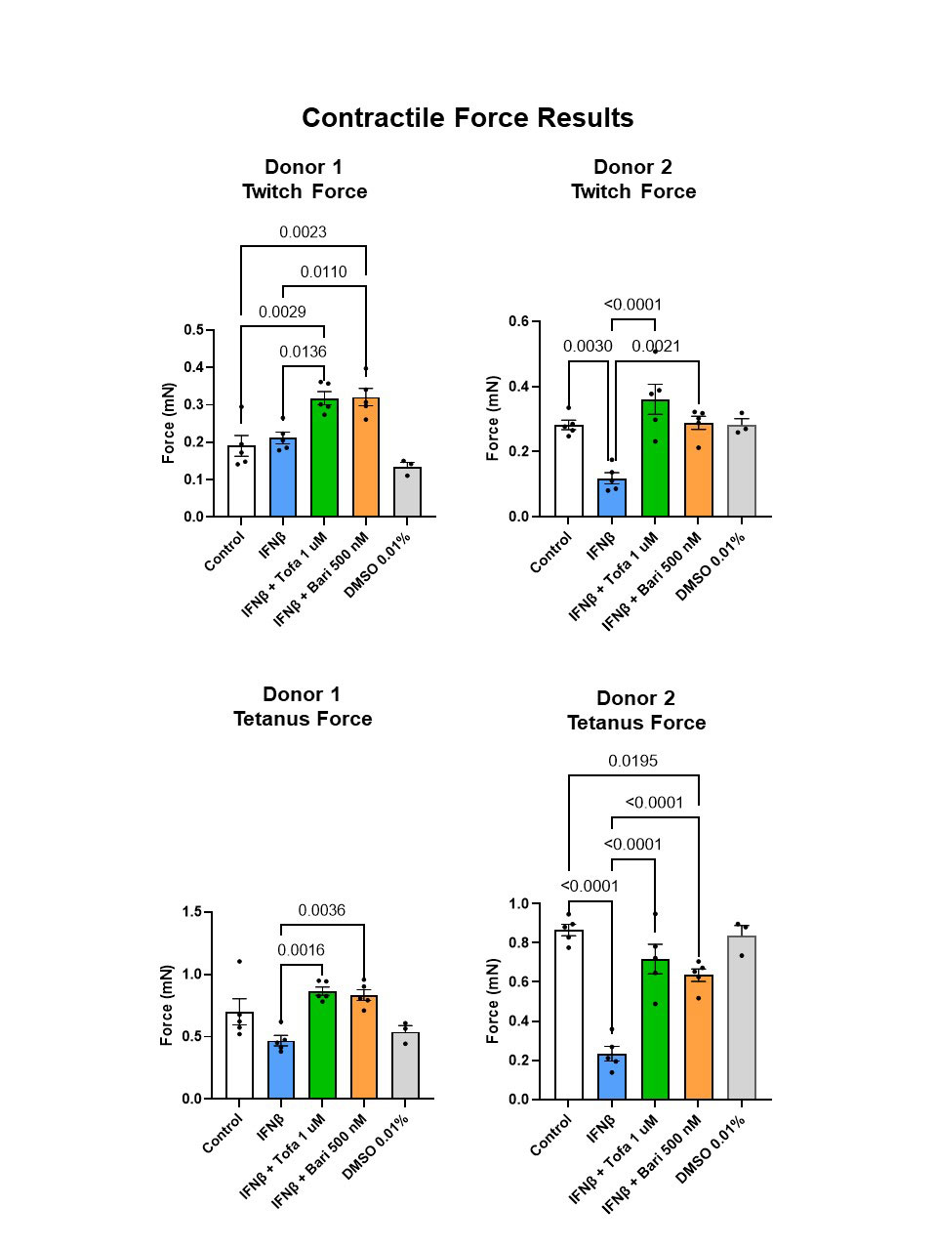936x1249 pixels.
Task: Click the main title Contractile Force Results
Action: (468, 118)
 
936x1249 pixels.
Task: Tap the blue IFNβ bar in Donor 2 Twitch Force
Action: (612, 497)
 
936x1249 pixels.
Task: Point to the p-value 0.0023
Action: (303, 232)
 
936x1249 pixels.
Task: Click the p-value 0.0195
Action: (632, 761)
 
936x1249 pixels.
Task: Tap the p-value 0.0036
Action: (321, 910)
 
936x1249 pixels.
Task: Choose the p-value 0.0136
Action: (303, 352)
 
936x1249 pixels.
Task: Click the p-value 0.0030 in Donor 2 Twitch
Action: (588, 347)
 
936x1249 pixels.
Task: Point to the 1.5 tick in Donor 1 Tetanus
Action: (192, 912)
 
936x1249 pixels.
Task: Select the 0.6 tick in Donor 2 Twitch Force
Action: (518, 322)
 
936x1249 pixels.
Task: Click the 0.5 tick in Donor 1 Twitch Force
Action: (193, 330)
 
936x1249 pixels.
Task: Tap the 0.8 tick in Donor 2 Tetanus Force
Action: (518, 943)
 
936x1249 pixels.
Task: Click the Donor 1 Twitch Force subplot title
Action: (305, 179)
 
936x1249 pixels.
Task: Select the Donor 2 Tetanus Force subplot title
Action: (635, 710)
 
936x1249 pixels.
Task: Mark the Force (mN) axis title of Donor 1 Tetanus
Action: (167, 1005)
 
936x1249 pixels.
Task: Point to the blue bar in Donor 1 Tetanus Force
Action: (281, 1069)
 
